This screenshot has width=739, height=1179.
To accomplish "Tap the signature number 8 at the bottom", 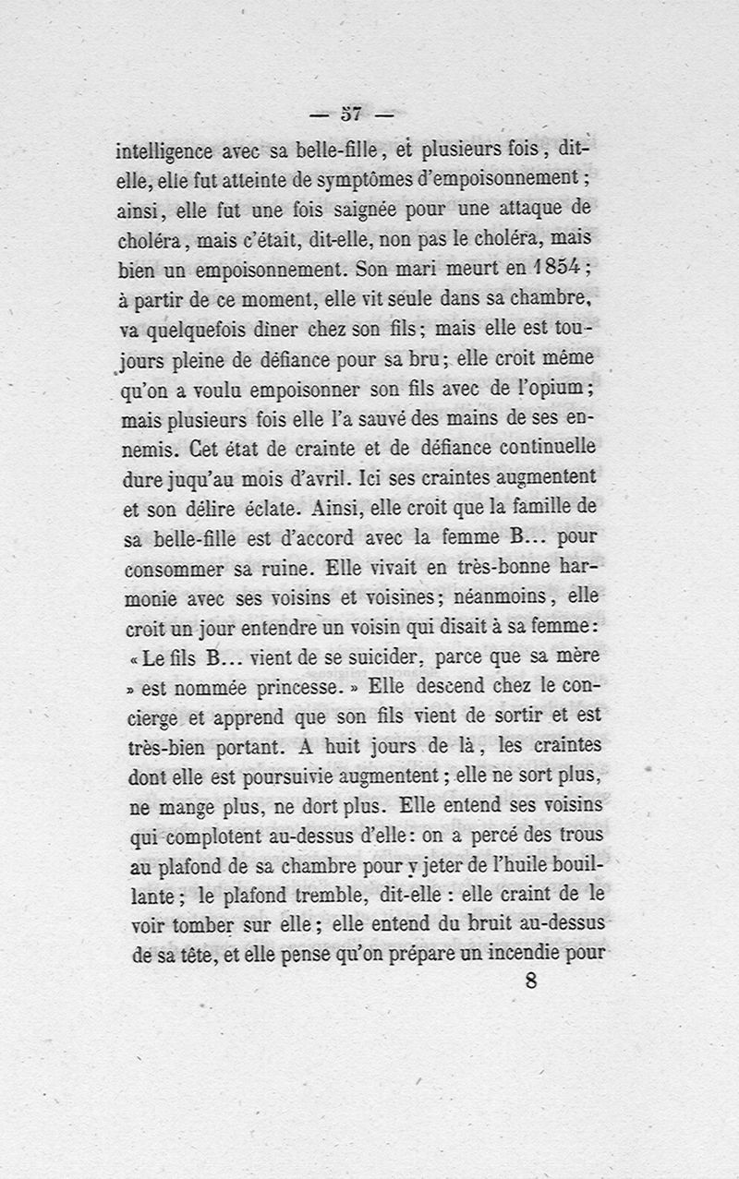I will [530, 980].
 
